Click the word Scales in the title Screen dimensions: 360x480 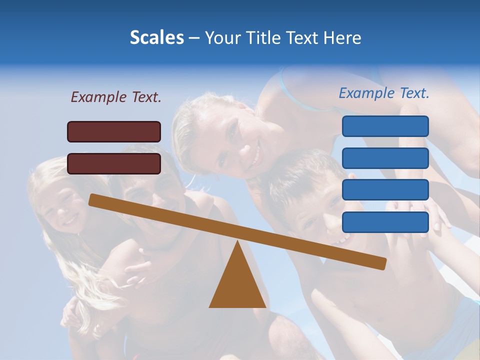pyautogui.click(x=156, y=37)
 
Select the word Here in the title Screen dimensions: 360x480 pyautogui.click(x=342, y=37)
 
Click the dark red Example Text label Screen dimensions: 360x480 pyautogui.click(x=116, y=97)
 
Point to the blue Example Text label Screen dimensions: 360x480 pyautogui.click(x=384, y=93)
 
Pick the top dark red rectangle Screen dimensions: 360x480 pyautogui.click(x=114, y=131)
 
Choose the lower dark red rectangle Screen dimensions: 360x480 pyautogui.click(x=114, y=163)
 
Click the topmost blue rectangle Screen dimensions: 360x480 pyautogui.click(x=385, y=126)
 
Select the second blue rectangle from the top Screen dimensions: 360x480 pyautogui.click(x=385, y=158)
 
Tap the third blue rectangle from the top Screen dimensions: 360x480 pyautogui.click(x=385, y=190)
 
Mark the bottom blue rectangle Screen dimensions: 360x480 pyautogui.click(x=385, y=222)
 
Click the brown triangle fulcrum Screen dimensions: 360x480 pyautogui.click(x=237, y=285)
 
